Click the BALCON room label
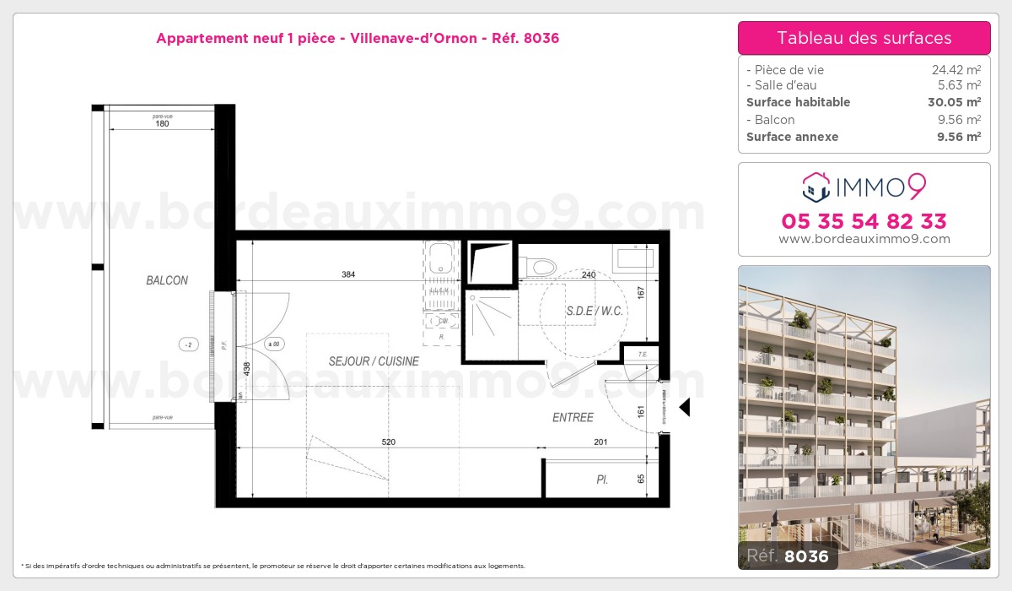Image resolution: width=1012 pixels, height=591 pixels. [x=166, y=280]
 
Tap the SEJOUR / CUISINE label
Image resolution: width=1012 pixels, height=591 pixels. [x=374, y=361]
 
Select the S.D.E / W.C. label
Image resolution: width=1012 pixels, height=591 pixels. [x=595, y=311]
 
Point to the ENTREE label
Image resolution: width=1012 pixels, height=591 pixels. [x=573, y=417]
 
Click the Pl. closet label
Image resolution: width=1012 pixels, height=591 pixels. [x=602, y=480]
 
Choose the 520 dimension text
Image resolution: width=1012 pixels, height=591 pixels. [x=388, y=442]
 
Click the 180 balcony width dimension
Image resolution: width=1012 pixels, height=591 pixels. [x=162, y=123]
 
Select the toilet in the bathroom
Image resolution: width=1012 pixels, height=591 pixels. [x=539, y=265]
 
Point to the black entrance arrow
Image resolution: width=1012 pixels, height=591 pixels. [x=685, y=407]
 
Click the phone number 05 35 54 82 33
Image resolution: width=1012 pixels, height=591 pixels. [x=864, y=221]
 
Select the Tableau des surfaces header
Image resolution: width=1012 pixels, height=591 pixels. [x=864, y=38]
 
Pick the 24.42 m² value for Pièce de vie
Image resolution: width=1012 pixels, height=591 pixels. [x=955, y=70]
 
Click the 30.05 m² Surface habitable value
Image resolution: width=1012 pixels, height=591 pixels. [x=953, y=102]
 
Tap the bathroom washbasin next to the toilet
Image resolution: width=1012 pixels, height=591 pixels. [x=636, y=256]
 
